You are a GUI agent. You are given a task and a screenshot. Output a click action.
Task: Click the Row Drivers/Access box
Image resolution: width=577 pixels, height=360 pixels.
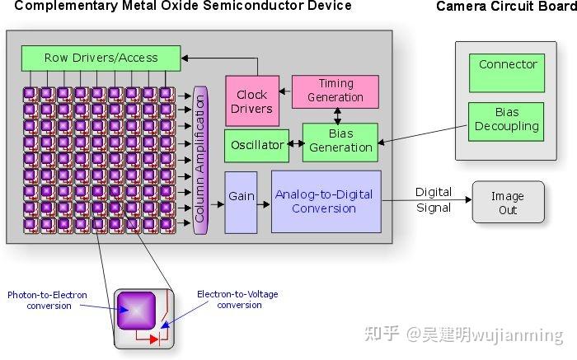[101, 58]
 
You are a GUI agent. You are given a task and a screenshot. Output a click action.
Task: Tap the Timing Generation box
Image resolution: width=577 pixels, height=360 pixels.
[335, 91]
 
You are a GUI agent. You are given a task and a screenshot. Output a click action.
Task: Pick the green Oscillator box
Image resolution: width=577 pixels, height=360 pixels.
[256, 145]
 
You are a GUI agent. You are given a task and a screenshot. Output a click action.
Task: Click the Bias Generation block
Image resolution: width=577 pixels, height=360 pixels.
[340, 142]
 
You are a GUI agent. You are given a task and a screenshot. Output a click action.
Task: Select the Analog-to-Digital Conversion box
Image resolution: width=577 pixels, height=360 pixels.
[326, 202]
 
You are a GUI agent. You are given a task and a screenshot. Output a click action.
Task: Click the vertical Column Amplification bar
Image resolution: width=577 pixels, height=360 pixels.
[199, 159]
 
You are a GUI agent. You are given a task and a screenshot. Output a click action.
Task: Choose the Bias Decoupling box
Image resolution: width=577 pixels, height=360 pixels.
[506, 120]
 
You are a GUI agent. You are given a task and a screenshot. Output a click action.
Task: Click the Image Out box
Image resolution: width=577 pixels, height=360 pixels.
[508, 203]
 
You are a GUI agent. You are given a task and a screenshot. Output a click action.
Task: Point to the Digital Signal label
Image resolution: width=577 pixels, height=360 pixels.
[433, 199]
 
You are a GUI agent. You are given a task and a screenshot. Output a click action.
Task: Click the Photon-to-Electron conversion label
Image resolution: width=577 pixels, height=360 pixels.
[47, 300]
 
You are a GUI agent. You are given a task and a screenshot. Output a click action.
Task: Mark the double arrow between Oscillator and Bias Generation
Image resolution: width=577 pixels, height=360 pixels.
[296, 144]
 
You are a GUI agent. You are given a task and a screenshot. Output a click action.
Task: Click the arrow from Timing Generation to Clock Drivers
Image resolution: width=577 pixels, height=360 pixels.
[285, 91]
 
